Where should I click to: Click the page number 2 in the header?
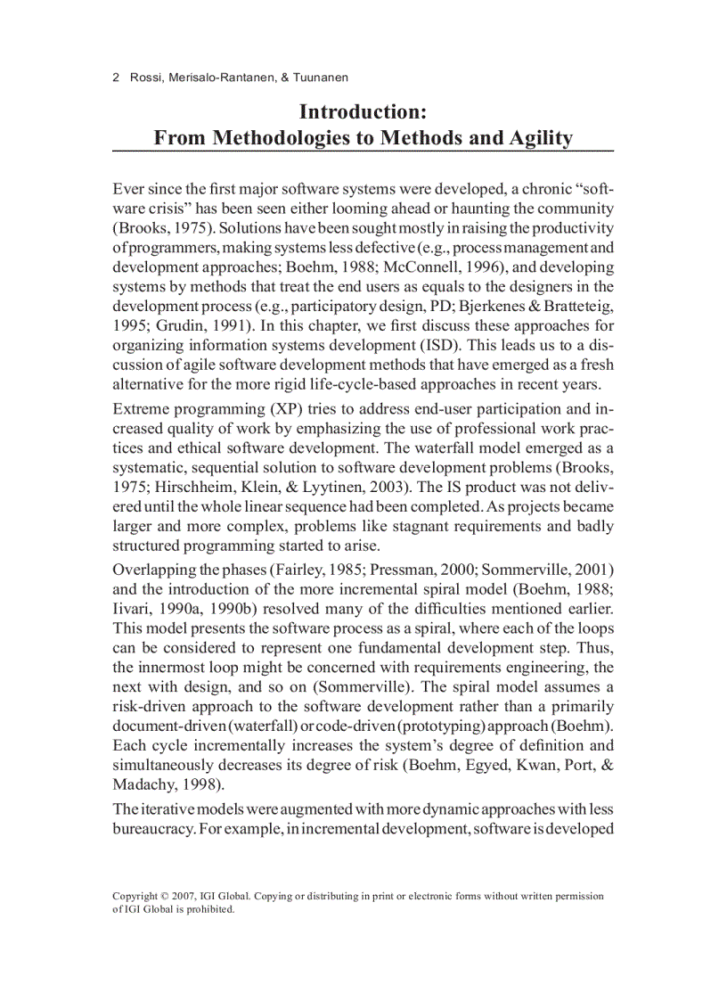117,78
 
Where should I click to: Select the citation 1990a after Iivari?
179,608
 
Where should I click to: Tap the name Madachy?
142,784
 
